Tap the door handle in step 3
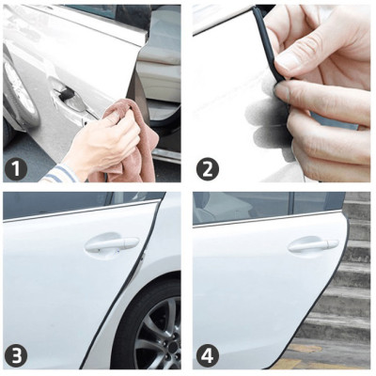tap(111, 244)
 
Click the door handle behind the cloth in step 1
tap(66, 93)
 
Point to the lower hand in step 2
tap(329, 117)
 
